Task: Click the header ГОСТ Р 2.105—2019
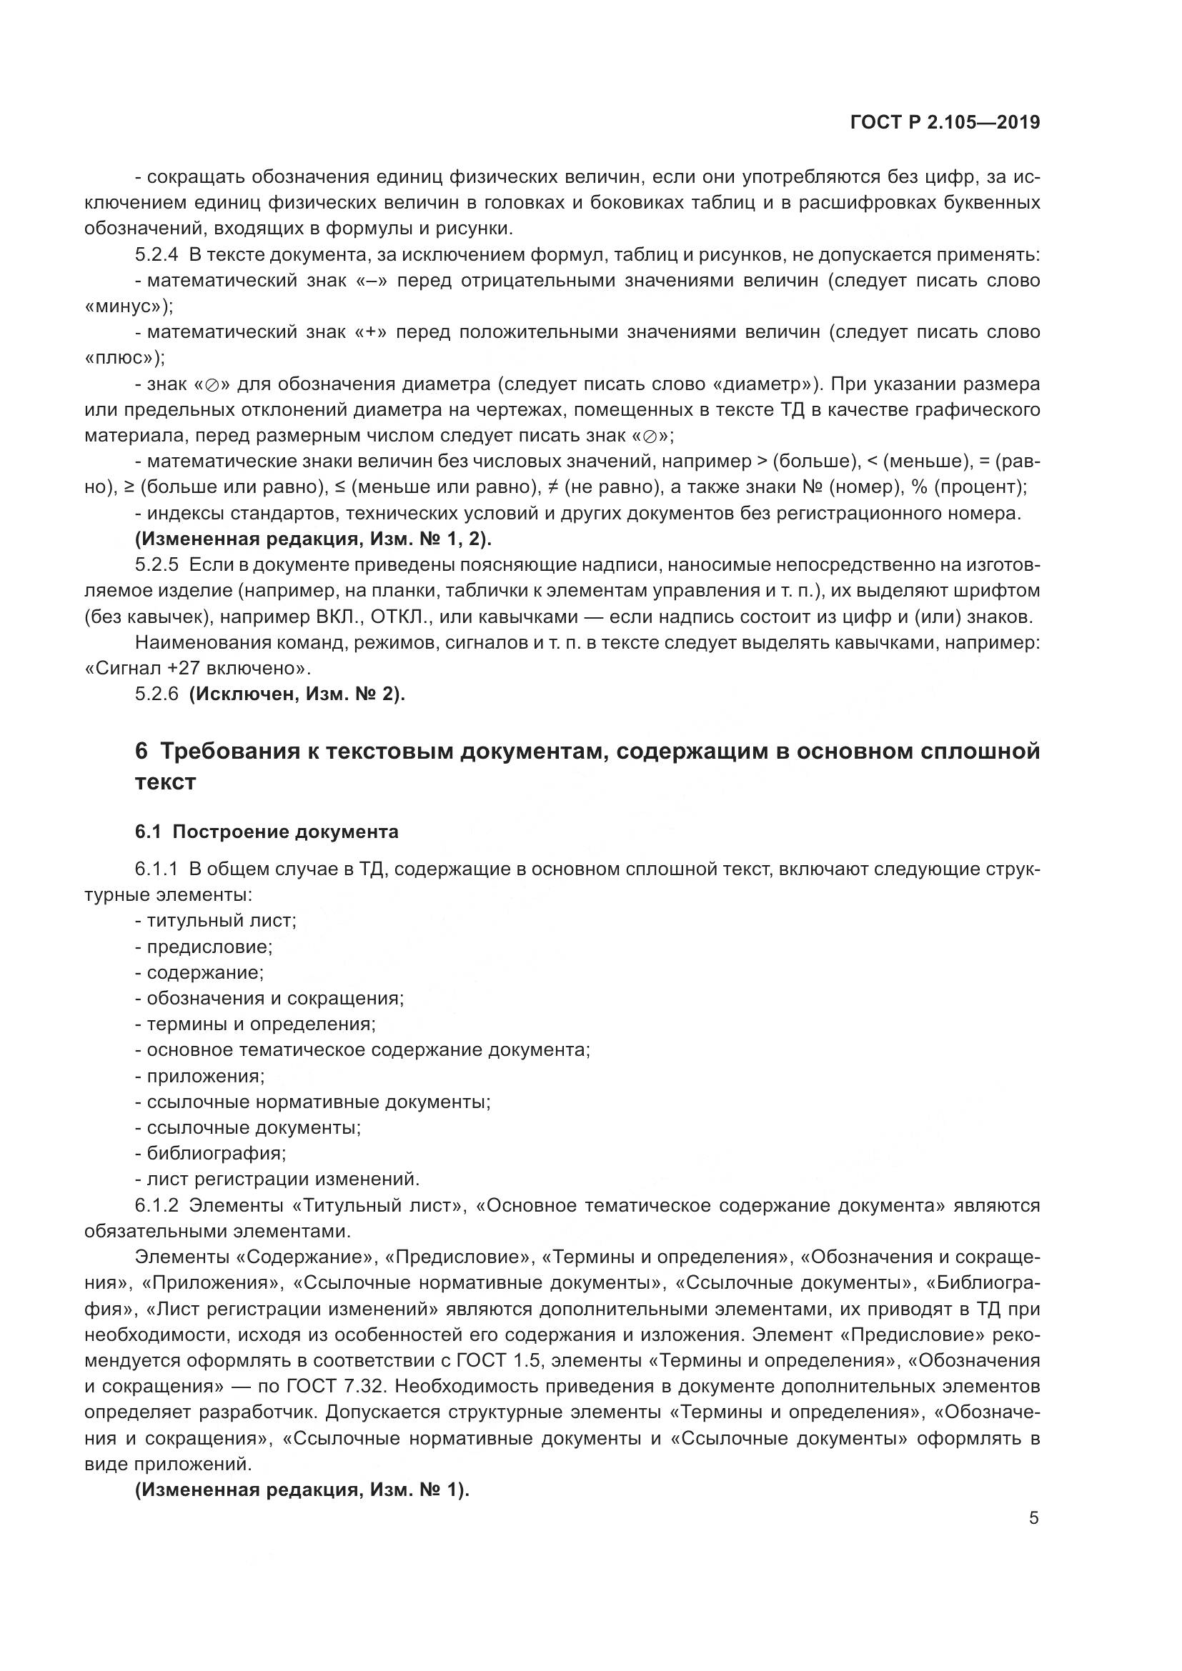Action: click(x=944, y=122)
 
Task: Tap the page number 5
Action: click(x=1033, y=1518)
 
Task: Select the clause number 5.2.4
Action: click(x=156, y=255)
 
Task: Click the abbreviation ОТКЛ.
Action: click(x=397, y=617)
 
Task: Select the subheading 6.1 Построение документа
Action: click(x=267, y=832)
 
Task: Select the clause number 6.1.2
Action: click(x=156, y=1205)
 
